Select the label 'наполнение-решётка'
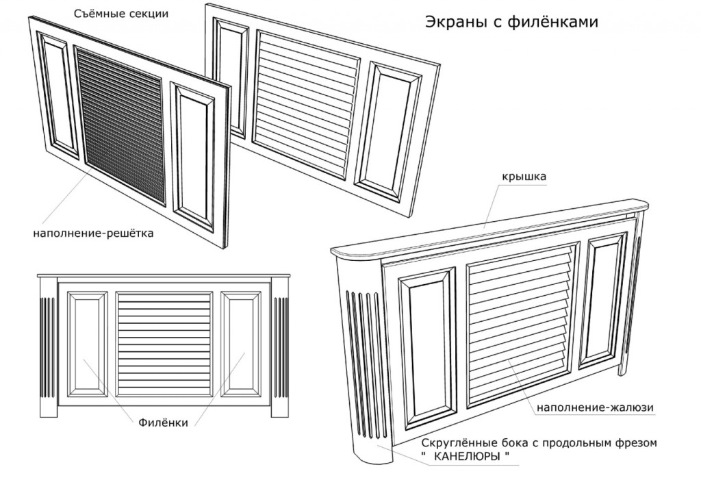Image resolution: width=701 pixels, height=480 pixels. [93, 233]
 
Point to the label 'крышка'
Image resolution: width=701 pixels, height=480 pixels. [522, 177]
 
